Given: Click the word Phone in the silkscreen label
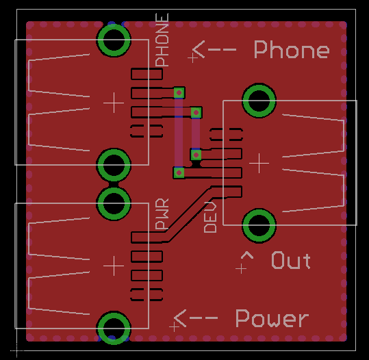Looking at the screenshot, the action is tap(292, 49).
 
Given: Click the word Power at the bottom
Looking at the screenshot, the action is tap(272, 318).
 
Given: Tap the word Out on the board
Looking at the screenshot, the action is tap(291, 260).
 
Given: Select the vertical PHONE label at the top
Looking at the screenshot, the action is tap(162, 40).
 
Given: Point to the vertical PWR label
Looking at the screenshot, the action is tap(162, 214).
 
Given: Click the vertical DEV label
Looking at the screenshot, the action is tap(210, 217).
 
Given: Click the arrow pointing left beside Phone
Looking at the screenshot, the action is tap(214, 50).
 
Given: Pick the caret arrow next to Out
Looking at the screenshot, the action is tap(247, 255).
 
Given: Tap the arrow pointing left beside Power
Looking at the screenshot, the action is tap(196, 318).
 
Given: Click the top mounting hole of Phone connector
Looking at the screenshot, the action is tap(114, 40).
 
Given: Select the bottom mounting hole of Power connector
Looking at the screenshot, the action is tap(114, 328).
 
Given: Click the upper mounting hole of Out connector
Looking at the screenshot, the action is tap(259, 100).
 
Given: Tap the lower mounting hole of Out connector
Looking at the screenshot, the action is tap(259, 225).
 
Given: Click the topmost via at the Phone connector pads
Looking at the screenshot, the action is tap(179, 92).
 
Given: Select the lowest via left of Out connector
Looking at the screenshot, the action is tap(179, 173).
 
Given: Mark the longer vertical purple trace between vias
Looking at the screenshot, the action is tap(179, 133).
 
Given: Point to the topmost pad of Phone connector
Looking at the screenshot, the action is tap(147, 74).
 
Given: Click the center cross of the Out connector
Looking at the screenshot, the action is tap(259, 163).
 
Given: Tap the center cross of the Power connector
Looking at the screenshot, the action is tap(114, 266).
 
